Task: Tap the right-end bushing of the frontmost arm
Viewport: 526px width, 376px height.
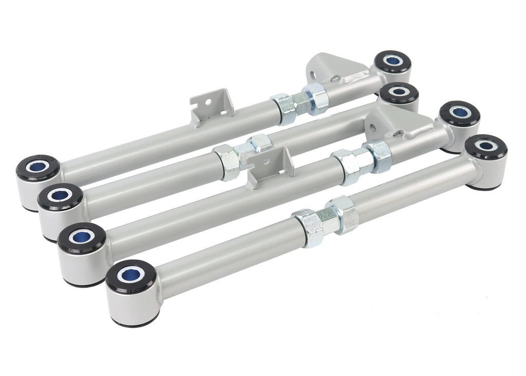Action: tap(486, 147)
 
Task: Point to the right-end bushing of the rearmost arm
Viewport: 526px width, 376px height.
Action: tap(393, 63)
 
